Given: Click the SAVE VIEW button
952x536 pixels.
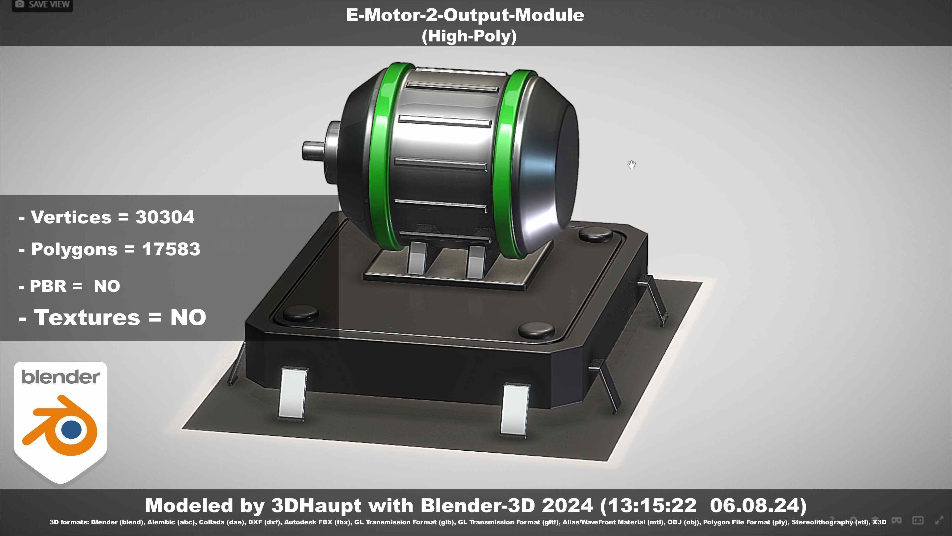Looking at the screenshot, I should pyautogui.click(x=42, y=4).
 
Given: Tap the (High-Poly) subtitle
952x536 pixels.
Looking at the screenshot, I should pyautogui.click(x=469, y=36).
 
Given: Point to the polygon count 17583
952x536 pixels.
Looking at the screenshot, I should pyautogui.click(x=171, y=249).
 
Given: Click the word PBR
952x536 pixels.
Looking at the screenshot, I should pyautogui.click(x=48, y=286).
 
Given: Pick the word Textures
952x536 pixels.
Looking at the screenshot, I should pyautogui.click(x=87, y=317).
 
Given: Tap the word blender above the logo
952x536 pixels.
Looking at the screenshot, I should pyautogui.click(x=60, y=377).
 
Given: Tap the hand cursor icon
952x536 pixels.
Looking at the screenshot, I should pyautogui.click(x=632, y=165).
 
